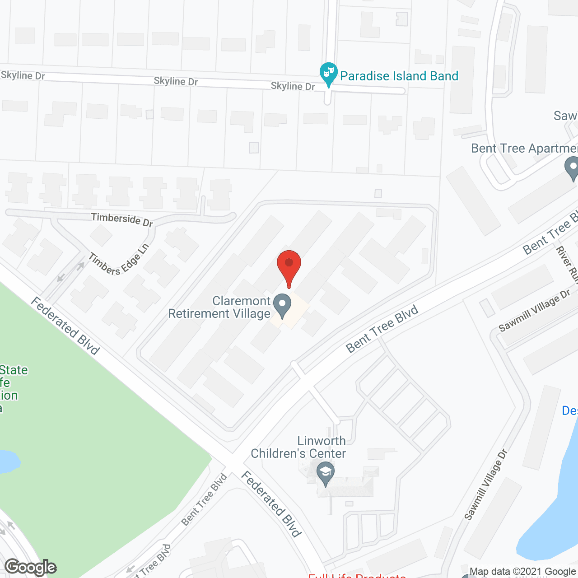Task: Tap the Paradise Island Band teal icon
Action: point(328,74)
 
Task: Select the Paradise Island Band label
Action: point(399,76)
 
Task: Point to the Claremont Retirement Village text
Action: point(219,307)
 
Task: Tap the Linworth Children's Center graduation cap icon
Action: point(325,472)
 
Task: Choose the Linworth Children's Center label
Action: point(298,447)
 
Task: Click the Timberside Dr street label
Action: point(122,219)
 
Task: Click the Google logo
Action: point(30,567)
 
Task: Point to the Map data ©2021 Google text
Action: point(522,572)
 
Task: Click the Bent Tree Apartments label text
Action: point(524,149)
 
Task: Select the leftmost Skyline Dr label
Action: point(23,75)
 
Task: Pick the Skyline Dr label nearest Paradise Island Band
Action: point(293,86)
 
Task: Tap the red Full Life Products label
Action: point(357,575)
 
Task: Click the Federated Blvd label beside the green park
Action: point(65,326)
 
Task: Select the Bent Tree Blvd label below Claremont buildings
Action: point(382,329)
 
